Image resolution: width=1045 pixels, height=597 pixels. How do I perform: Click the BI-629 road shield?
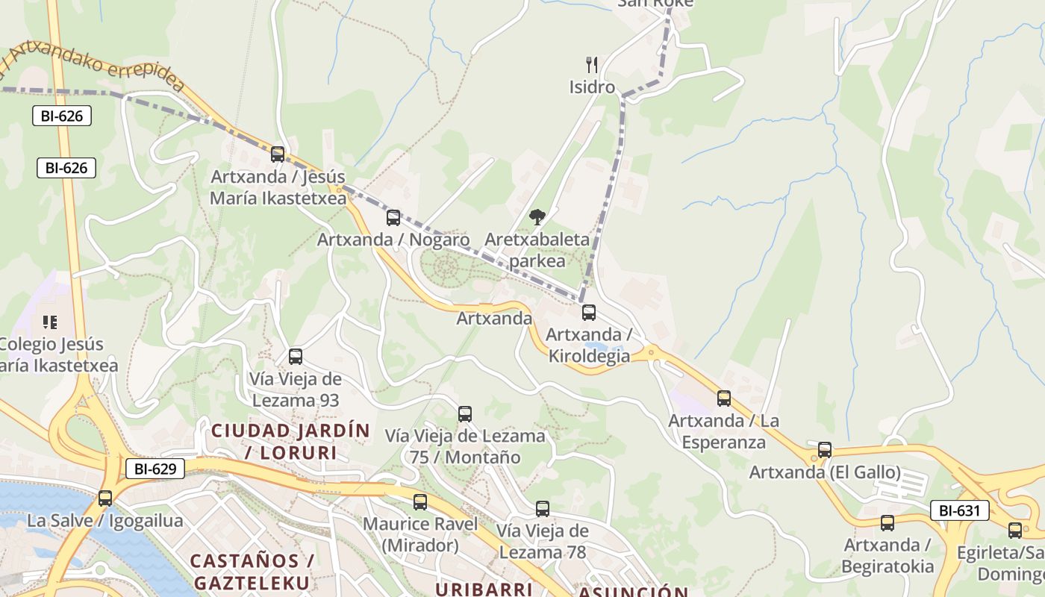155,469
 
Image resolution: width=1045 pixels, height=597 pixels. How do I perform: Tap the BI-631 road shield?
959,510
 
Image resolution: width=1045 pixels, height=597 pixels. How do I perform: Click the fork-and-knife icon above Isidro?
592,65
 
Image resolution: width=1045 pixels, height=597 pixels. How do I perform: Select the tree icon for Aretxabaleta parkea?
537,217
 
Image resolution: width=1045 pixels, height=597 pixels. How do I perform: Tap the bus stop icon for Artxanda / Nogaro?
393,218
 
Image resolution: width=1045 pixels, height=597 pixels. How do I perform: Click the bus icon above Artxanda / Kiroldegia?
589,313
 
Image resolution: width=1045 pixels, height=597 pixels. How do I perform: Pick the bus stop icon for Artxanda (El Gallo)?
825,450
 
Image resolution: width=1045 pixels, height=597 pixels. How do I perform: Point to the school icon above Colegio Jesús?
50,322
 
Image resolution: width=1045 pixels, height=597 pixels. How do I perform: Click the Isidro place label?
592,87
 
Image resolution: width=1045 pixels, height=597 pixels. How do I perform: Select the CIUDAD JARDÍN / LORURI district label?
290,441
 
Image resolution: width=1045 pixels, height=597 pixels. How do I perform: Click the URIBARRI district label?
483,589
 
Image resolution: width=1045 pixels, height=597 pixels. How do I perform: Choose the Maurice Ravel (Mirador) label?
420,534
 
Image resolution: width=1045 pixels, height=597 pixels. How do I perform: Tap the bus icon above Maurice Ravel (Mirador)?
420,502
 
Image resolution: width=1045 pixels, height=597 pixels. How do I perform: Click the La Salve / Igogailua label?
104,521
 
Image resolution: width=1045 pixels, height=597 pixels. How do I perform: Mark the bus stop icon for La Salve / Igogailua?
105,498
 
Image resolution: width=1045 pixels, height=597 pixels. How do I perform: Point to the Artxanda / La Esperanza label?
723,431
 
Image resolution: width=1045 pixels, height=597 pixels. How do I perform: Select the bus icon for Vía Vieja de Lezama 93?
296,357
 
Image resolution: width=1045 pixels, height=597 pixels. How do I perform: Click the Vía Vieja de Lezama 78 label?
543,542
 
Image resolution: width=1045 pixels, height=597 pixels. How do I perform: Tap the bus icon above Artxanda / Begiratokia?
888,523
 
